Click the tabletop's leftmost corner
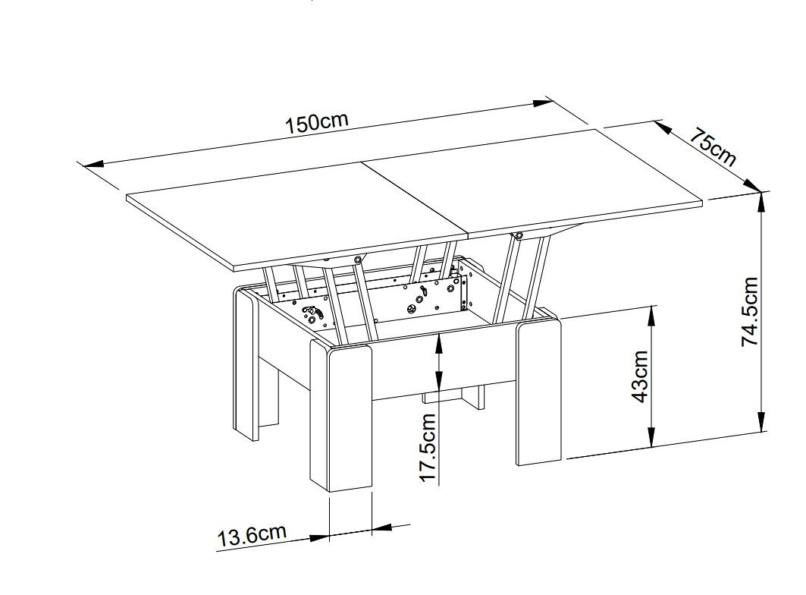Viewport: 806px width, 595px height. (x=127, y=196)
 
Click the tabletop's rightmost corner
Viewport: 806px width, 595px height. (x=702, y=203)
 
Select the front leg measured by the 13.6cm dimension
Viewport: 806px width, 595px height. (x=341, y=415)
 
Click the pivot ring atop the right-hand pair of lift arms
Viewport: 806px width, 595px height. (x=518, y=236)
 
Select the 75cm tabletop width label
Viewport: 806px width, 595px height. (x=712, y=148)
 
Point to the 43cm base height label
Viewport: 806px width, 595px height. (x=639, y=376)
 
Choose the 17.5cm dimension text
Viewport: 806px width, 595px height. (x=428, y=447)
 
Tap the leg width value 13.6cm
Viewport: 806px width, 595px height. (x=252, y=536)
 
